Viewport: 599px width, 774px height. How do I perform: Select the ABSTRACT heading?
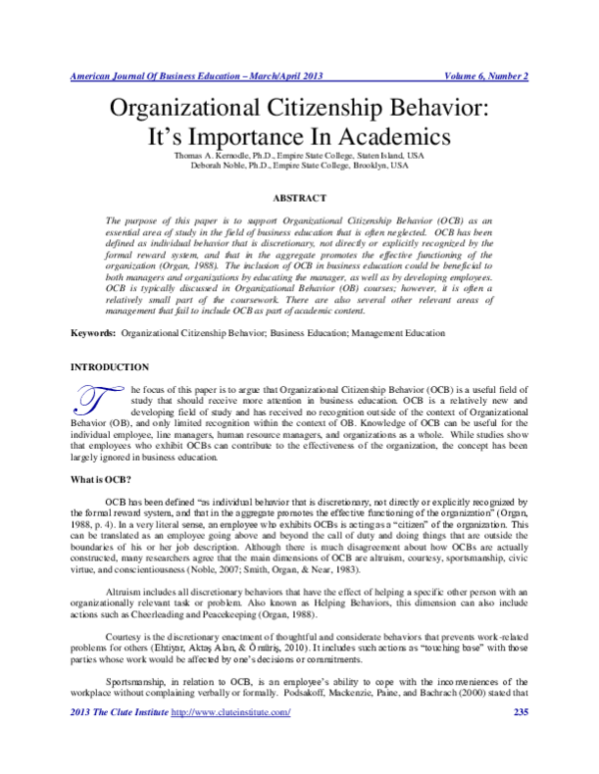point(299,197)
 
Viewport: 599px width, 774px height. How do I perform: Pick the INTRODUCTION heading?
point(110,340)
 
